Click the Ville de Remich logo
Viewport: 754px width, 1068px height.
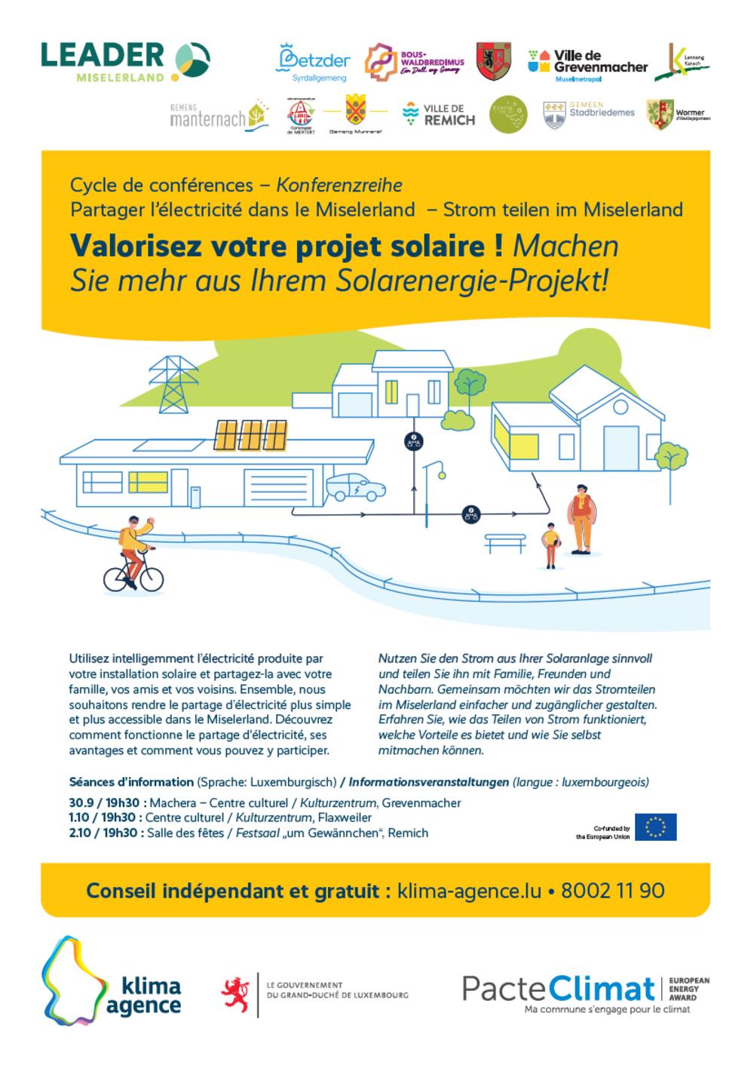[x=439, y=114]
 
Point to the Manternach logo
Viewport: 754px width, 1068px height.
[x=219, y=115]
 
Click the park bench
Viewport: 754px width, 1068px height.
[x=505, y=542]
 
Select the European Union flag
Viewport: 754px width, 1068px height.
[x=655, y=827]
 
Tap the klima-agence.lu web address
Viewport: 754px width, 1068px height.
[x=469, y=891]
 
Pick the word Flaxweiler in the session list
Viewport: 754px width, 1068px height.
[x=348, y=818]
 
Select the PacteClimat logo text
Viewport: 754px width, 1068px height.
[x=558, y=988]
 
